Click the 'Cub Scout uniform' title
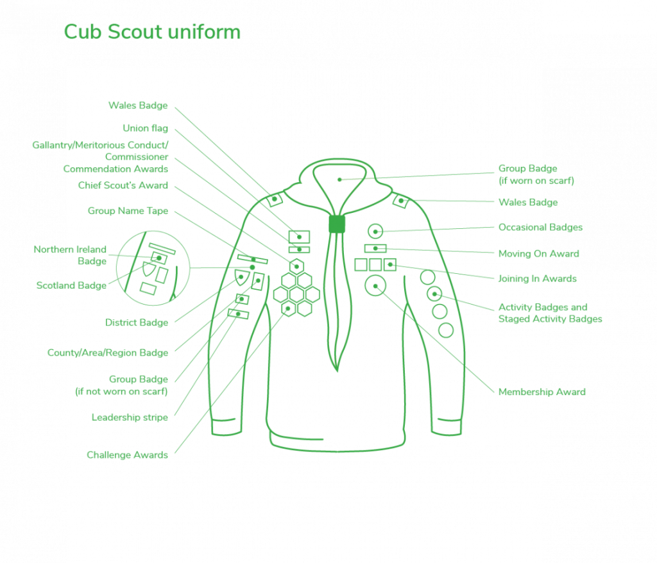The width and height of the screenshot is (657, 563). tap(152, 32)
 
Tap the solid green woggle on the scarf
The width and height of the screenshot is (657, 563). tap(337, 224)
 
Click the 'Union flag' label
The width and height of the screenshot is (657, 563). tap(145, 128)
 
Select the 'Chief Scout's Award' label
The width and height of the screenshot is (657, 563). tap(123, 185)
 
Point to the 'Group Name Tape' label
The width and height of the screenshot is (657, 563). tap(128, 211)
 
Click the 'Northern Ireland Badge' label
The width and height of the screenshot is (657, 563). tap(70, 255)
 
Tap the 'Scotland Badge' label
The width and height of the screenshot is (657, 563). tap(71, 285)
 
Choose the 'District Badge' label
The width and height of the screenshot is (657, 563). tap(137, 323)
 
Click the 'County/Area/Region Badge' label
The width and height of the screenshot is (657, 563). tap(108, 353)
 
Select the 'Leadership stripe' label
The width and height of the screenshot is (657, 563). tap(130, 417)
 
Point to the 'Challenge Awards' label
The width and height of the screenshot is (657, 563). tap(127, 455)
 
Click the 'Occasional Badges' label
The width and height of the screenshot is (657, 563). tap(540, 227)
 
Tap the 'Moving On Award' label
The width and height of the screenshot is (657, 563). tap(539, 253)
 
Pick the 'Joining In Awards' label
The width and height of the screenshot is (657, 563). tap(537, 278)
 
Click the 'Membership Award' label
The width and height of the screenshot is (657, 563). tap(542, 392)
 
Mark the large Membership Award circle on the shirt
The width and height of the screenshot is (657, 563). tap(375, 276)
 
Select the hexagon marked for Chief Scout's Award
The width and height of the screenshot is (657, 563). tap(296, 259)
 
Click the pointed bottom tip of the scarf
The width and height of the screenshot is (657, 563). tap(337, 371)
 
